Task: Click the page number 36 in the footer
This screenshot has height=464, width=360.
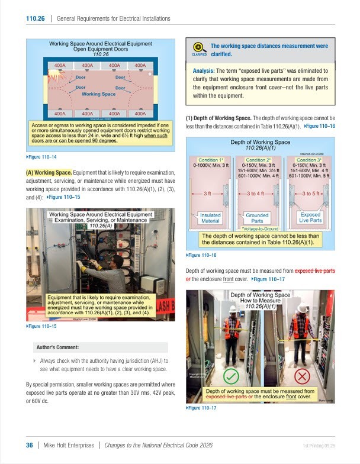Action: point(29,446)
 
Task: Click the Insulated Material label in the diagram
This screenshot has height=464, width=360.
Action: point(210,218)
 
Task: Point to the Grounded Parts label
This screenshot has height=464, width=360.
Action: point(257,218)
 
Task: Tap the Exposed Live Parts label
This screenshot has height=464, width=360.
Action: point(310,218)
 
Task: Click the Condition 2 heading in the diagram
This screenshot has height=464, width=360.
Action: point(259,160)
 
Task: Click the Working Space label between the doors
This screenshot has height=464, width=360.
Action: point(99,94)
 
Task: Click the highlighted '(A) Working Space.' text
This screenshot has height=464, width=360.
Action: point(49,172)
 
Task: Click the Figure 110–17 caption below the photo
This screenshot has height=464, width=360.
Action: point(202,408)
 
